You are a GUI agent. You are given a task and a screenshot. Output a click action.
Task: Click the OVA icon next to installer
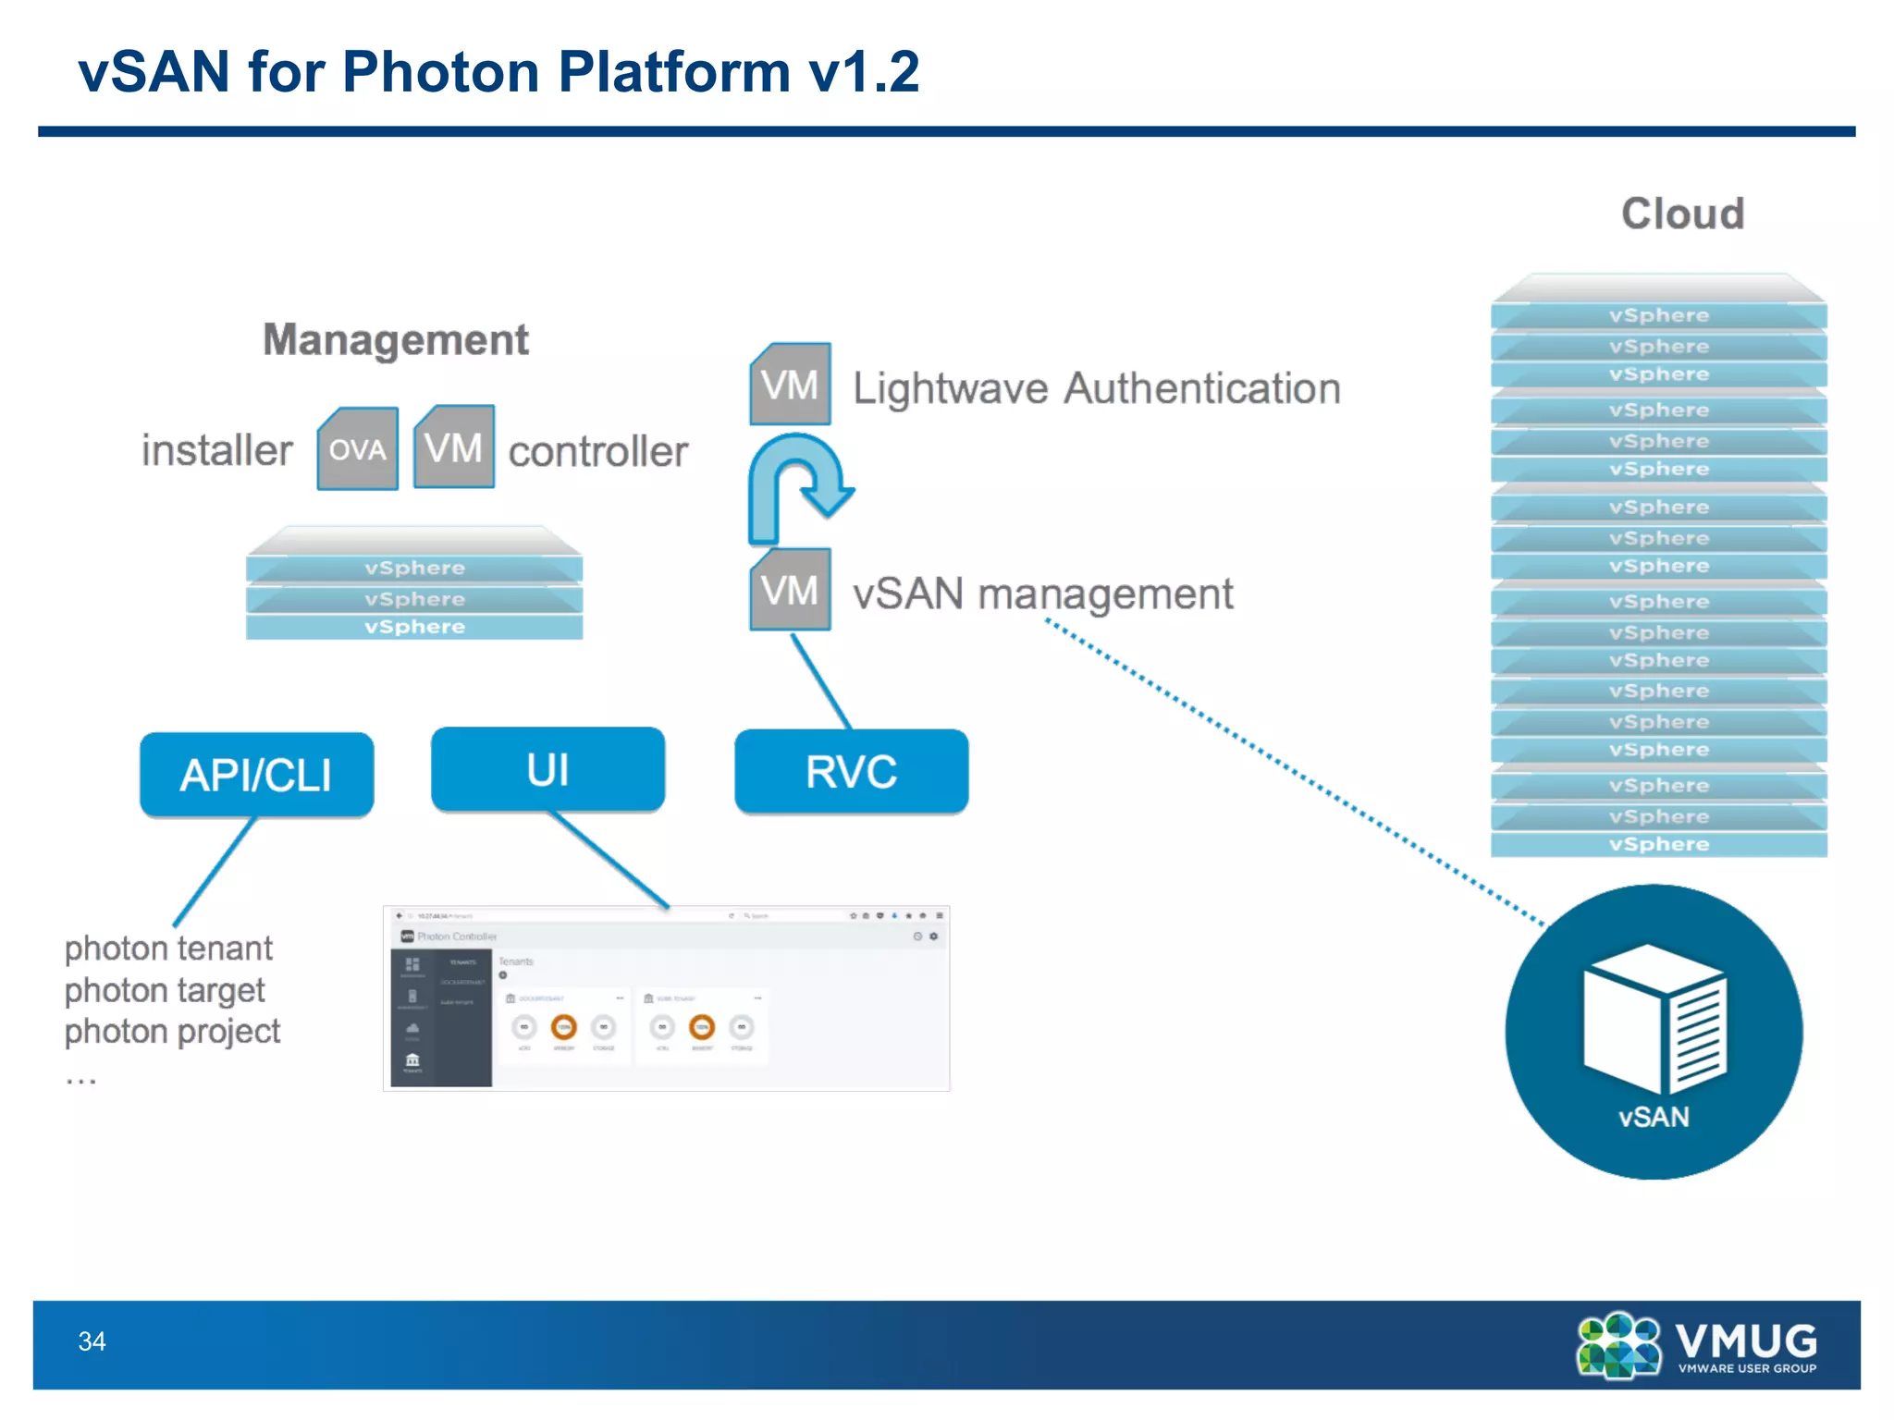(x=358, y=448)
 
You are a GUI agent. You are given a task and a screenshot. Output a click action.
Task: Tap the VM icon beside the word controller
(x=453, y=447)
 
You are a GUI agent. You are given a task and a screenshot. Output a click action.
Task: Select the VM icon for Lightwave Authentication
(x=790, y=384)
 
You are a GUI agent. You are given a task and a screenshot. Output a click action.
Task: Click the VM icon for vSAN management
(x=790, y=589)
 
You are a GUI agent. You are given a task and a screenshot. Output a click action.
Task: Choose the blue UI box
(x=547, y=769)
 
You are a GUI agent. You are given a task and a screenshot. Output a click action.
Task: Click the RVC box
(x=851, y=771)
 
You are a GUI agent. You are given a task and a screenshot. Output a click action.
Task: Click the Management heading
(x=396, y=339)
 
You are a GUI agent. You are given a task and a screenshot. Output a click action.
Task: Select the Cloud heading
(x=1682, y=214)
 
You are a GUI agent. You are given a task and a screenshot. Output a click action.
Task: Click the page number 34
(x=92, y=1340)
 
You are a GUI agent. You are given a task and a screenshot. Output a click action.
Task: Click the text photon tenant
(x=168, y=949)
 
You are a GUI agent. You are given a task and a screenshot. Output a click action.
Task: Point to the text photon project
(x=172, y=1031)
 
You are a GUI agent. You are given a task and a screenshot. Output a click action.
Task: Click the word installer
(x=216, y=450)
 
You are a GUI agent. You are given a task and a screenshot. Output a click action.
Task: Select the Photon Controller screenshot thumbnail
(x=666, y=998)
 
